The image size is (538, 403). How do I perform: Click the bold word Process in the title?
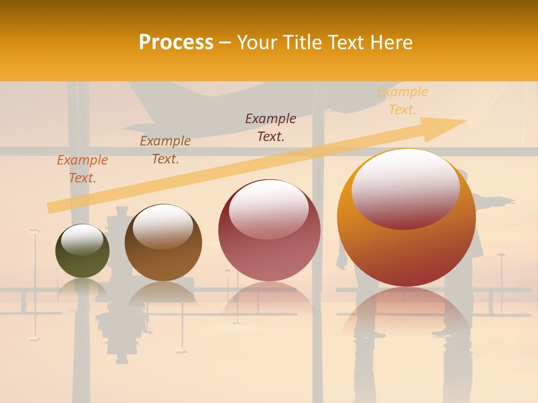[176, 43]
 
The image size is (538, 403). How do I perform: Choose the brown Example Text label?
[165, 150]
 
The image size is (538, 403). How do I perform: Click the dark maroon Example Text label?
[271, 127]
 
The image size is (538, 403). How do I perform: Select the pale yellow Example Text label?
[402, 101]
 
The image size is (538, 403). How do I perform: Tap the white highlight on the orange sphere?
[405, 188]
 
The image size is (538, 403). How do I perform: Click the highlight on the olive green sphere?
[82, 240]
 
